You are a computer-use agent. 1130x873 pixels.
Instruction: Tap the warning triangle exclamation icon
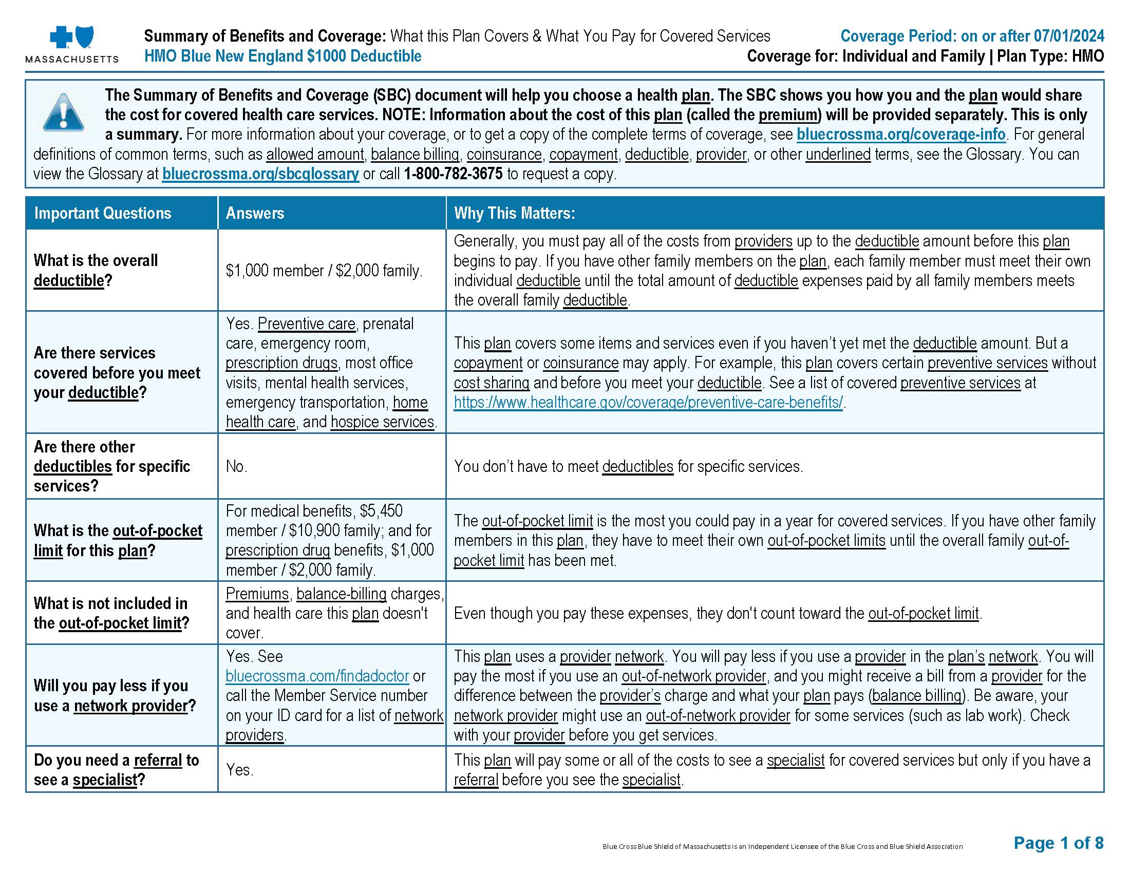pyautogui.click(x=63, y=112)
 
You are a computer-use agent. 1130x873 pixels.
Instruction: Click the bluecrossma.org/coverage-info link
pyautogui.click(x=901, y=135)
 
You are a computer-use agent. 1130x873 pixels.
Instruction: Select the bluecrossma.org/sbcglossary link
pyautogui.click(x=260, y=174)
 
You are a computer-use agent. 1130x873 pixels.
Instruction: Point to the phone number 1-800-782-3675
pyautogui.click(x=453, y=174)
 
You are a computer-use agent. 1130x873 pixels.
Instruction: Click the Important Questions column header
pyautogui.click(x=102, y=213)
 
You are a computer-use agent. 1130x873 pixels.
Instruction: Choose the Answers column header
pyautogui.click(x=255, y=213)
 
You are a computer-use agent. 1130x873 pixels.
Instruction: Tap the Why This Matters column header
pyautogui.click(x=514, y=213)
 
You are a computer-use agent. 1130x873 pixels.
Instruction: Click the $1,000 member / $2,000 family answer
pyautogui.click(x=324, y=271)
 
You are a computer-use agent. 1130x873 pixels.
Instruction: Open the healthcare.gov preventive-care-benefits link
pyautogui.click(x=648, y=402)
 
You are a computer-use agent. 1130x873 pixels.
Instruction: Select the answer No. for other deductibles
pyautogui.click(x=236, y=466)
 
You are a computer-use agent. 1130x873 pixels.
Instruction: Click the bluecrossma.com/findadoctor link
pyautogui.click(x=317, y=676)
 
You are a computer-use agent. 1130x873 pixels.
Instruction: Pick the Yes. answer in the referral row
pyautogui.click(x=239, y=770)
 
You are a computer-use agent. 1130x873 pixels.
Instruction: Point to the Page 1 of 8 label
pyautogui.click(x=1058, y=843)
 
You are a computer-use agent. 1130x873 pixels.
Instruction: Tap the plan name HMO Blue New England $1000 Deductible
pyautogui.click(x=282, y=56)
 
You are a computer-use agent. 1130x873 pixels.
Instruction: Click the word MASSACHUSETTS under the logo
pyautogui.click(x=72, y=60)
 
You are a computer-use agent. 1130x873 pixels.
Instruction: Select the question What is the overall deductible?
pyautogui.click(x=96, y=270)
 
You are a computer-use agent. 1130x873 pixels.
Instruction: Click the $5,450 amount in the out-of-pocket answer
pyautogui.click(x=381, y=511)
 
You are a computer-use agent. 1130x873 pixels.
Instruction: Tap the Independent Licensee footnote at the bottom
pyautogui.click(x=782, y=847)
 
